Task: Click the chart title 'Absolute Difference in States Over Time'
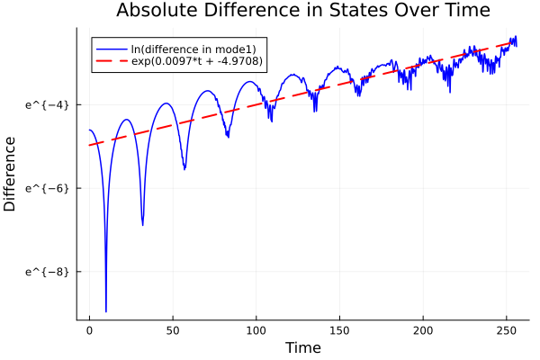tap(303, 12)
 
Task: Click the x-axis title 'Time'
tap(302, 347)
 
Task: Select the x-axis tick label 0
tap(89, 330)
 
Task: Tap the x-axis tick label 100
tap(256, 330)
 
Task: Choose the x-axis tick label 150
tap(340, 330)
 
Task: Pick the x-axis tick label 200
tap(424, 330)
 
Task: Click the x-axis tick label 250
tap(508, 330)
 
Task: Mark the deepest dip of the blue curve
tap(106, 310)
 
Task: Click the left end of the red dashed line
tap(89, 145)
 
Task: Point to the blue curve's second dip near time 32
tap(142, 224)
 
